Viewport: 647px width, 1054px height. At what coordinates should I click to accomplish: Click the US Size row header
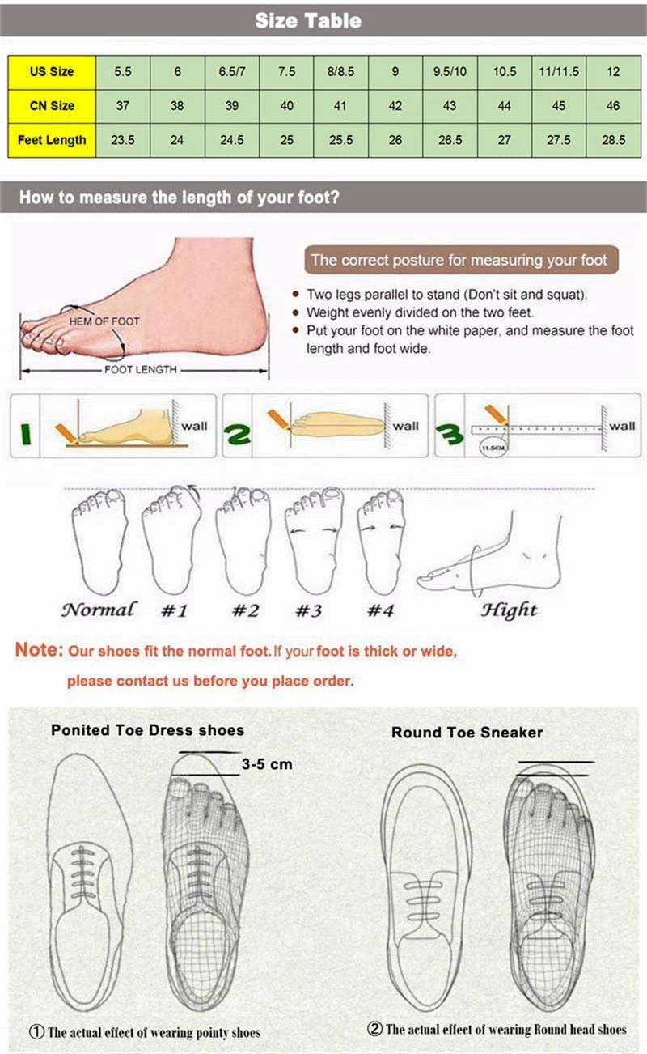click(x=52, y=72)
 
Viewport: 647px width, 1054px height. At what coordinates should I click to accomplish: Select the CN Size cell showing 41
click(x=341, y=106)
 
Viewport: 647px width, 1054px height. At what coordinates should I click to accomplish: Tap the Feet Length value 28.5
click(x=614, y=140)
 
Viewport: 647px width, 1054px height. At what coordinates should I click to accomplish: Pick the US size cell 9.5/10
click(x=450, y=72)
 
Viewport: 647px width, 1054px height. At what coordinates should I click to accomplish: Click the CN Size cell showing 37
click(x=123, y=106)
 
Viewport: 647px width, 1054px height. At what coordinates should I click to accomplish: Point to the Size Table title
click(x=308, y=21)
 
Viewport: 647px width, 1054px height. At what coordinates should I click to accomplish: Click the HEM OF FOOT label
click(x=104, y=321)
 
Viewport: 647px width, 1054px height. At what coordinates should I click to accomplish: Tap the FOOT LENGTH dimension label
click(x=141, y=370)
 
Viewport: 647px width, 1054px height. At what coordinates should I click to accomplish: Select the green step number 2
click(x=237, y=433)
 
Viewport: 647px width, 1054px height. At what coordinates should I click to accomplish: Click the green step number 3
click(x=450, y=434)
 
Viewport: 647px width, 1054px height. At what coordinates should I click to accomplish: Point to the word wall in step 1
click(x=194, y=426)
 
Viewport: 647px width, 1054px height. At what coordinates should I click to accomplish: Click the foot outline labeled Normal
click(x=99, y=541)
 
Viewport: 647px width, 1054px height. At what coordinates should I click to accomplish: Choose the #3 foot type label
click(x=308, y=610)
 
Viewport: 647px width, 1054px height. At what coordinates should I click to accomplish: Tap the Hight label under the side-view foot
click(x=509, y=610)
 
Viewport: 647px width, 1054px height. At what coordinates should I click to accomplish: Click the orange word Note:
click(x=39, y=649)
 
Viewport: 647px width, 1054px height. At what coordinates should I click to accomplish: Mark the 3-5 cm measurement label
click(x=267, y=763)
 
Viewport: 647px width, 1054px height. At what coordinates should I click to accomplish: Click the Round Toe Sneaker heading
click(x=467, y=732)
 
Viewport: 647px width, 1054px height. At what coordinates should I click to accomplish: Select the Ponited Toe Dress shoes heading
click(x=148, y=730)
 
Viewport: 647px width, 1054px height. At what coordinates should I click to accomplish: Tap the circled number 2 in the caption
click(x=374, y=1029)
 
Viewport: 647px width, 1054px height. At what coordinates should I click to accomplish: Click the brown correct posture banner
click(x=461, y=260)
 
